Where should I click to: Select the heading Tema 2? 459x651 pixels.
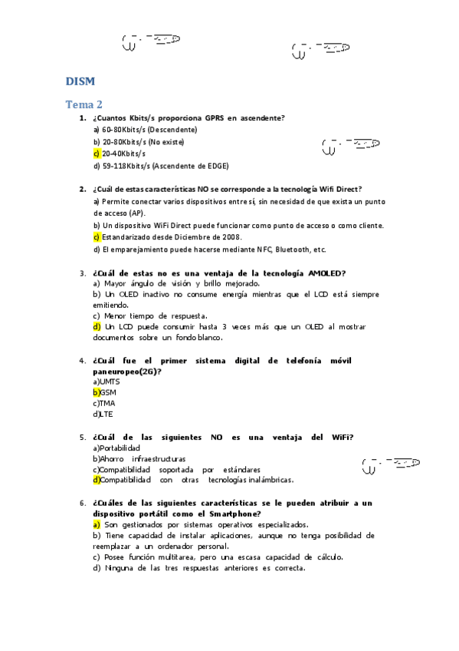(84, 104)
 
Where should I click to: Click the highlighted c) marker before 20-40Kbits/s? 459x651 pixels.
(97, 154)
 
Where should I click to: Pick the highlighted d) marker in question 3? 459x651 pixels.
(97, 326)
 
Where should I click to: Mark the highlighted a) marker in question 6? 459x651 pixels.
(97, 524)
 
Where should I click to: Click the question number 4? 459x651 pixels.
(82, 360)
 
